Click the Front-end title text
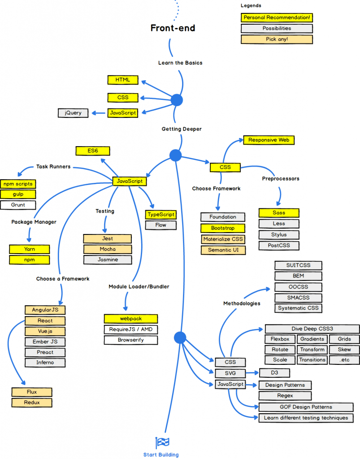pos(173,28)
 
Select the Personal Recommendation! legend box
pos(276,18)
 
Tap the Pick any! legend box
pos(276,39)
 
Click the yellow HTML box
pos(122,80)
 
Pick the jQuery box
pos(73,113)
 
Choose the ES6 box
pos(93,151)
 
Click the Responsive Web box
pos(269,140)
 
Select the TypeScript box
pos(160,215)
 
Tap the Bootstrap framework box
pos(223,228)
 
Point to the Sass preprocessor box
pos(278,212)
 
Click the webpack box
pos(131,319)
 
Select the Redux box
pos(32,403)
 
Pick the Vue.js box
pos(45,332)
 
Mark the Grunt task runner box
pos(18,205)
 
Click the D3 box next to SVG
pos(274,373)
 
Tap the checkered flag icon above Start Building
pos(162,443)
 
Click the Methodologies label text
pos(242,303)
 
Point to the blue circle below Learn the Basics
pos(177,100)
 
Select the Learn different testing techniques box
pos(306,418)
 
